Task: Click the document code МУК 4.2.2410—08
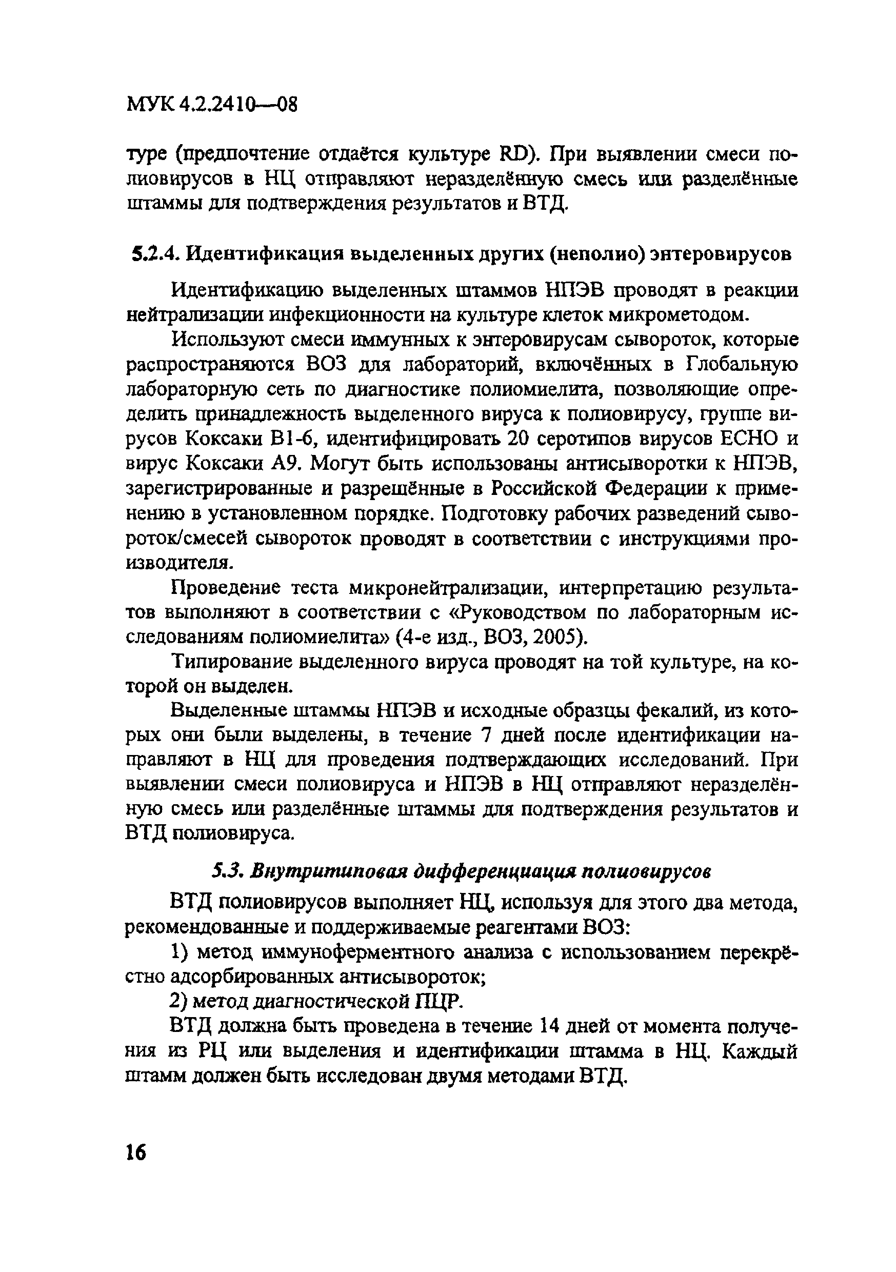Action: (x=212, y=103)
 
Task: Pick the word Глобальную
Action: (x=742, y=365)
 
